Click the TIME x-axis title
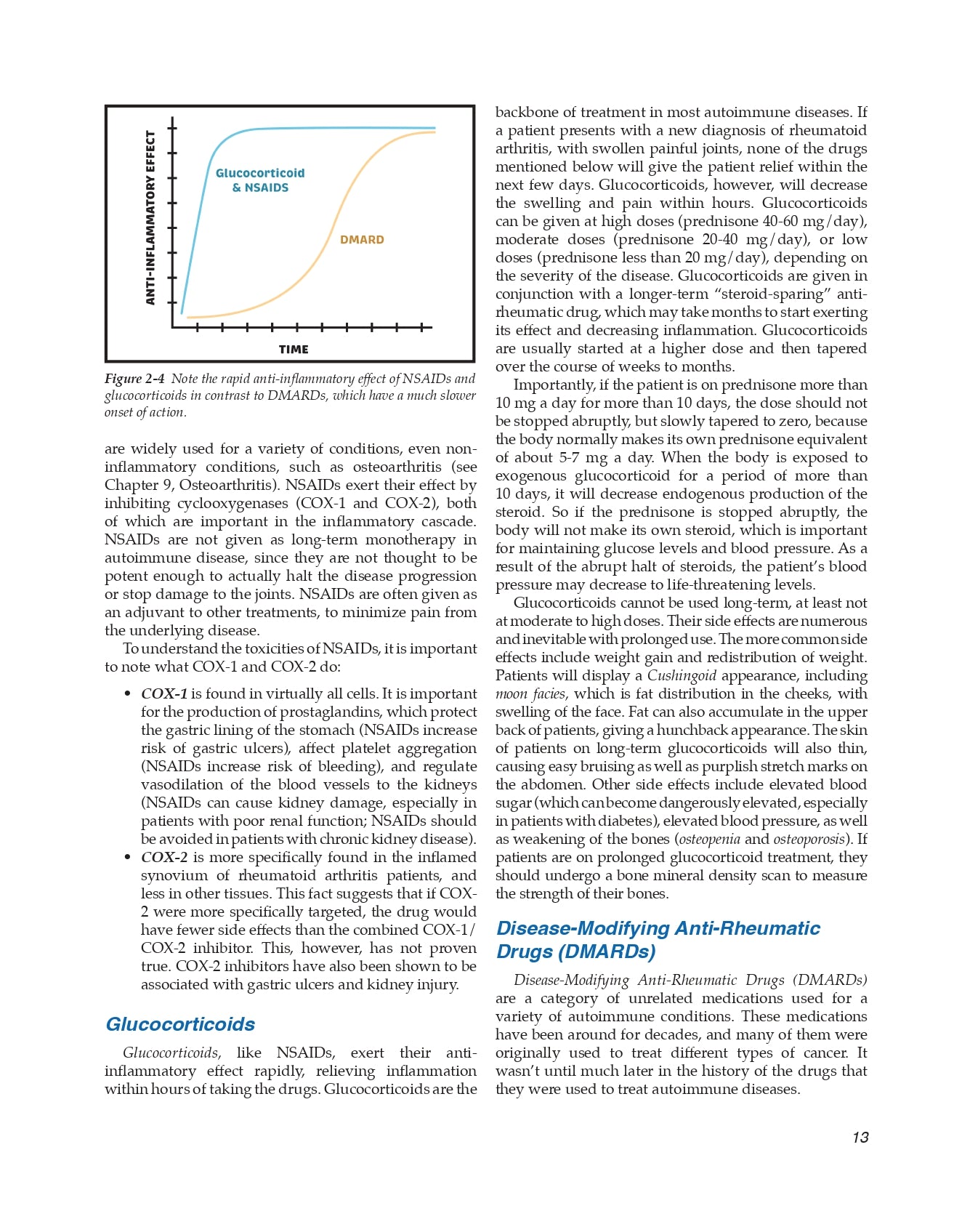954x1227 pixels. click(x=294, y=350)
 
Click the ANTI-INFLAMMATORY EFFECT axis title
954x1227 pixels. click(x=151, y=217)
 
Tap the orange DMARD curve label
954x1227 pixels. click(x=362, y=240)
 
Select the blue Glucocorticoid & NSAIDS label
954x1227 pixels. click(x=260, y=180)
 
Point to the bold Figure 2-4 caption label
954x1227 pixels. click(x=134, y=379)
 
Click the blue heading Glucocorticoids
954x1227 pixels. click(x=180, y=1024)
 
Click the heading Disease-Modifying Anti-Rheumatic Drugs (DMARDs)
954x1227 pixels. click(x=658, y=940)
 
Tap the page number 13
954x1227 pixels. click(x=860, y=1138)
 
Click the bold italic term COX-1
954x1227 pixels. click(x=164, y=694)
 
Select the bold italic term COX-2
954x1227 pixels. click(x=164, y=858)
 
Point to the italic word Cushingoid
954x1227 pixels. click(x=682, y=676)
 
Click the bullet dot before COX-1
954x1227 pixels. click(x=128, y=694)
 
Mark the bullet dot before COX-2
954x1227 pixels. click(x=128, y=858)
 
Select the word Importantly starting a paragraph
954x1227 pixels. click(x=554, y=385)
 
